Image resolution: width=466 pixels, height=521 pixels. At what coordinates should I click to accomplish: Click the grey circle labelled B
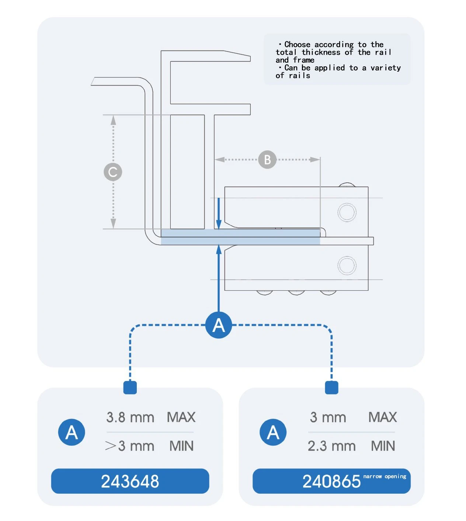coord(267,159)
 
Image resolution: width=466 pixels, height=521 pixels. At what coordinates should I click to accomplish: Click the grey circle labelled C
coord(113,172)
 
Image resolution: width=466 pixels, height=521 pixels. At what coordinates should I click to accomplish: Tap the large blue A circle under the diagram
coord(219,325)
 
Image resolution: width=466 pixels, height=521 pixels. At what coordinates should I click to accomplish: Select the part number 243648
coord(130,481)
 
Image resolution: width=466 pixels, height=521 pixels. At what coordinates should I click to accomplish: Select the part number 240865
coord(331,481)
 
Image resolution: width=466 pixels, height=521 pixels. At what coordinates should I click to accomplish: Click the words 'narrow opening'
coord(385,476)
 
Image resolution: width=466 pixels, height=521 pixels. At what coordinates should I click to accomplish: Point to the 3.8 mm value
coord(130,417)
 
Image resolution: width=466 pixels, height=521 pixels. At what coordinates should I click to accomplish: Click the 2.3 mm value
coord(331,446)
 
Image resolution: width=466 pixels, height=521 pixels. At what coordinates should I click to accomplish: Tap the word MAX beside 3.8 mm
coord(181,417)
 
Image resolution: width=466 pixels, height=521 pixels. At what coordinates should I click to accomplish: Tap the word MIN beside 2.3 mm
coord(383,446)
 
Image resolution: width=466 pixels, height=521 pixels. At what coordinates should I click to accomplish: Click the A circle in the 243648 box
coord(72,432)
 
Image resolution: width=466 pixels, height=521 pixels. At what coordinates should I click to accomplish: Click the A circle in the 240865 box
coord(273,432)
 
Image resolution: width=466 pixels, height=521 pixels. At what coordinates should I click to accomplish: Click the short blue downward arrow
coord(219,213)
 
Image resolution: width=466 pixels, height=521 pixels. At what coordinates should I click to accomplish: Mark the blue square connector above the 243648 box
coord(130,387)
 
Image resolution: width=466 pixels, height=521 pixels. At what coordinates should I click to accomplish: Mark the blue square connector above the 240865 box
coord(331,387)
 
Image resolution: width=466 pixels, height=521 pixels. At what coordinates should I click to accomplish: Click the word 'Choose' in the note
coord(297,45)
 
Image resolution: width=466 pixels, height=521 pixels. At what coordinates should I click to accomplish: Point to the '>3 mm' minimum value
coord(129,446)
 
